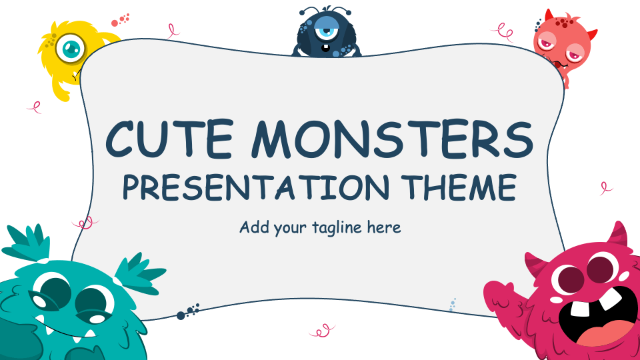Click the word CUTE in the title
[x=169, y=139]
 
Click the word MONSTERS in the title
[x=392, y=139]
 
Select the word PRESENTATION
[x=256, y=187]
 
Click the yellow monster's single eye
[x=71, y=49]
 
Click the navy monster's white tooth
[x=325, y=48]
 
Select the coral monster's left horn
[x=549, y=15]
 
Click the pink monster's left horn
[x=535, y=264]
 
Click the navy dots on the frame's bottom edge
[x=188, y=311]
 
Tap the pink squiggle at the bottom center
[x=323, y=331]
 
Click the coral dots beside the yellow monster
[x=121, y=20]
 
